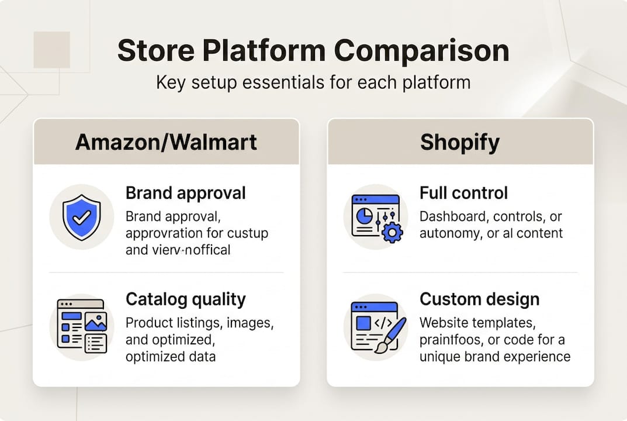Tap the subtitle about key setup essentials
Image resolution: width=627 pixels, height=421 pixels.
(x=313, y=81)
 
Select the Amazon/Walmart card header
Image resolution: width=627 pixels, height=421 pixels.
(x=166, y=142)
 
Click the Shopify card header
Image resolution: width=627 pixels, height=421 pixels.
(x=460, y=142)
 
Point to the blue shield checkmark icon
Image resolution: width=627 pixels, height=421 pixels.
(x=81, y=217)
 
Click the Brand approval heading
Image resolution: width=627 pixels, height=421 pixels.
(x=185, y=193)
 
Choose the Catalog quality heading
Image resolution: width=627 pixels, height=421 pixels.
(x=185, y=299)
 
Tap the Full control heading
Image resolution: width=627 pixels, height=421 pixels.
(x=463, y=193)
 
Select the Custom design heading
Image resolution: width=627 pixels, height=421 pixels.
(x=479, y=299)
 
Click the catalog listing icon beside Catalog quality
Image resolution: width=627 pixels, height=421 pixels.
(x=81, y=325)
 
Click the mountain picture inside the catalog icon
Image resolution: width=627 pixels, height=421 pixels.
(x=95, y=321)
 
